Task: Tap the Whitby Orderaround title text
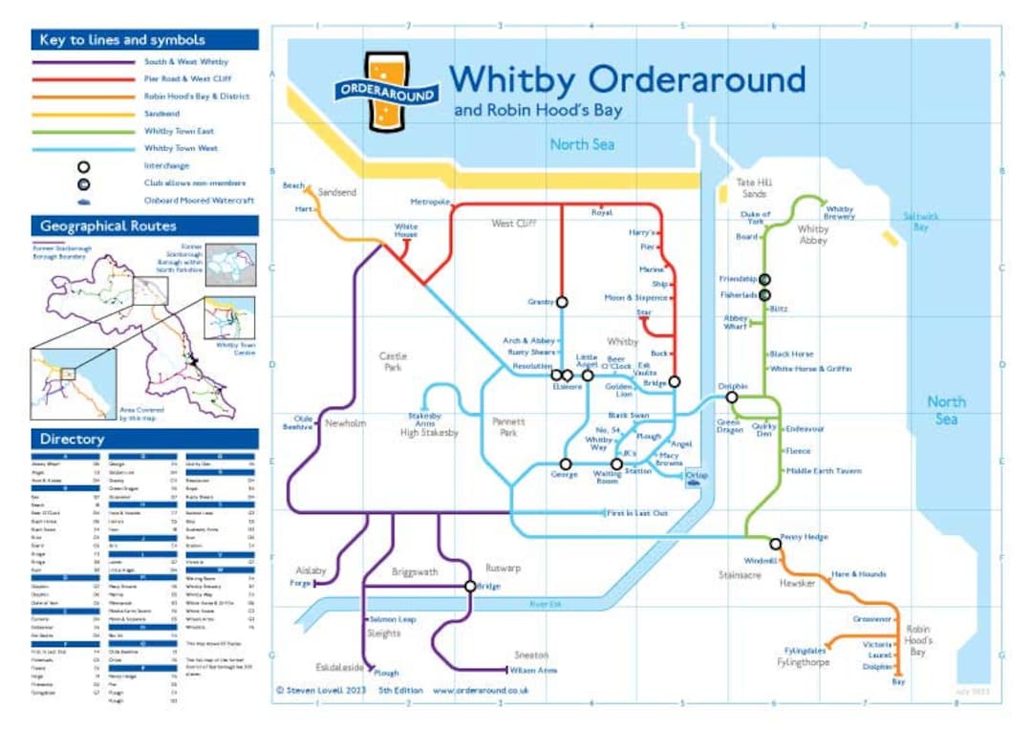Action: pos(627,78)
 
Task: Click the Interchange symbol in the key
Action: pos(84,166)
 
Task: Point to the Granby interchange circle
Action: pos(562,302)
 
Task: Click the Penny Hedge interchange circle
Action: pos(775,544)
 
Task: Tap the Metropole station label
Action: pos(430,203)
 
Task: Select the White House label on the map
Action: pos(406,230)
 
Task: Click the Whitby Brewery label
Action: pos(840,213)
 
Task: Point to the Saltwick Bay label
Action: pos(921,222)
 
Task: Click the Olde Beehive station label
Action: pos(303,422)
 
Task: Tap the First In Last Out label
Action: pos(638,514)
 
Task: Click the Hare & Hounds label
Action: pos(858,574)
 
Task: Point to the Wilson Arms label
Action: pos(533,671)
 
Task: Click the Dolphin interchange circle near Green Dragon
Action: pos(732,397)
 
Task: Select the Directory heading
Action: pos(72,440)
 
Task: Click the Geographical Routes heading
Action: pos(108,226)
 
